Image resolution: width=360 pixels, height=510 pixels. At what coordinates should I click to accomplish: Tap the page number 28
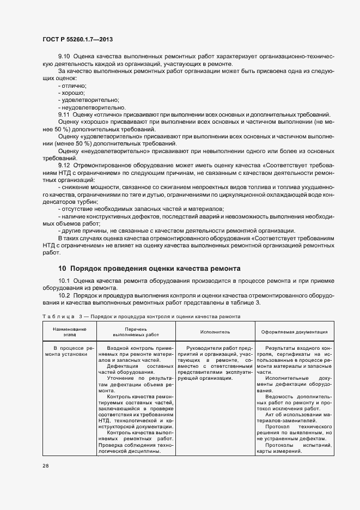tap(46, 466)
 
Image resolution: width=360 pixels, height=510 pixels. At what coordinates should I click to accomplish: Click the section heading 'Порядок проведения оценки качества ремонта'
tap(149, 268)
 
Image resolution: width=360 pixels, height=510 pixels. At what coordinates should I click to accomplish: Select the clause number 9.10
tap(64, 57)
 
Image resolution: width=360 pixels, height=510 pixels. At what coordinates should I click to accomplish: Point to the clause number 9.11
tap(64, 114)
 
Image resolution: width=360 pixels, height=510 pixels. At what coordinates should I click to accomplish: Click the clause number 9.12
tap(64, 165)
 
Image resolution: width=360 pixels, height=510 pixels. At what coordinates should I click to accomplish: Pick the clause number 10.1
tap(64, 281)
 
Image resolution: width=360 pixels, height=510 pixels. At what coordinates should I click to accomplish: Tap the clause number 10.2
tap(64, 295)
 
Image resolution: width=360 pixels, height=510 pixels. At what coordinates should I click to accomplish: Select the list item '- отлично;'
tap(72, 86)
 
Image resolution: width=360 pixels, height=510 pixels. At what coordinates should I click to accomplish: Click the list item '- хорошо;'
tap(71, 93)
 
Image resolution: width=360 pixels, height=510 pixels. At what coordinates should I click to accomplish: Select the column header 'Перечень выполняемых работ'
tap(136, 332)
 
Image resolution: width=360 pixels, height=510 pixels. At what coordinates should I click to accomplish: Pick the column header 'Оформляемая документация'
tap(294, 331)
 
